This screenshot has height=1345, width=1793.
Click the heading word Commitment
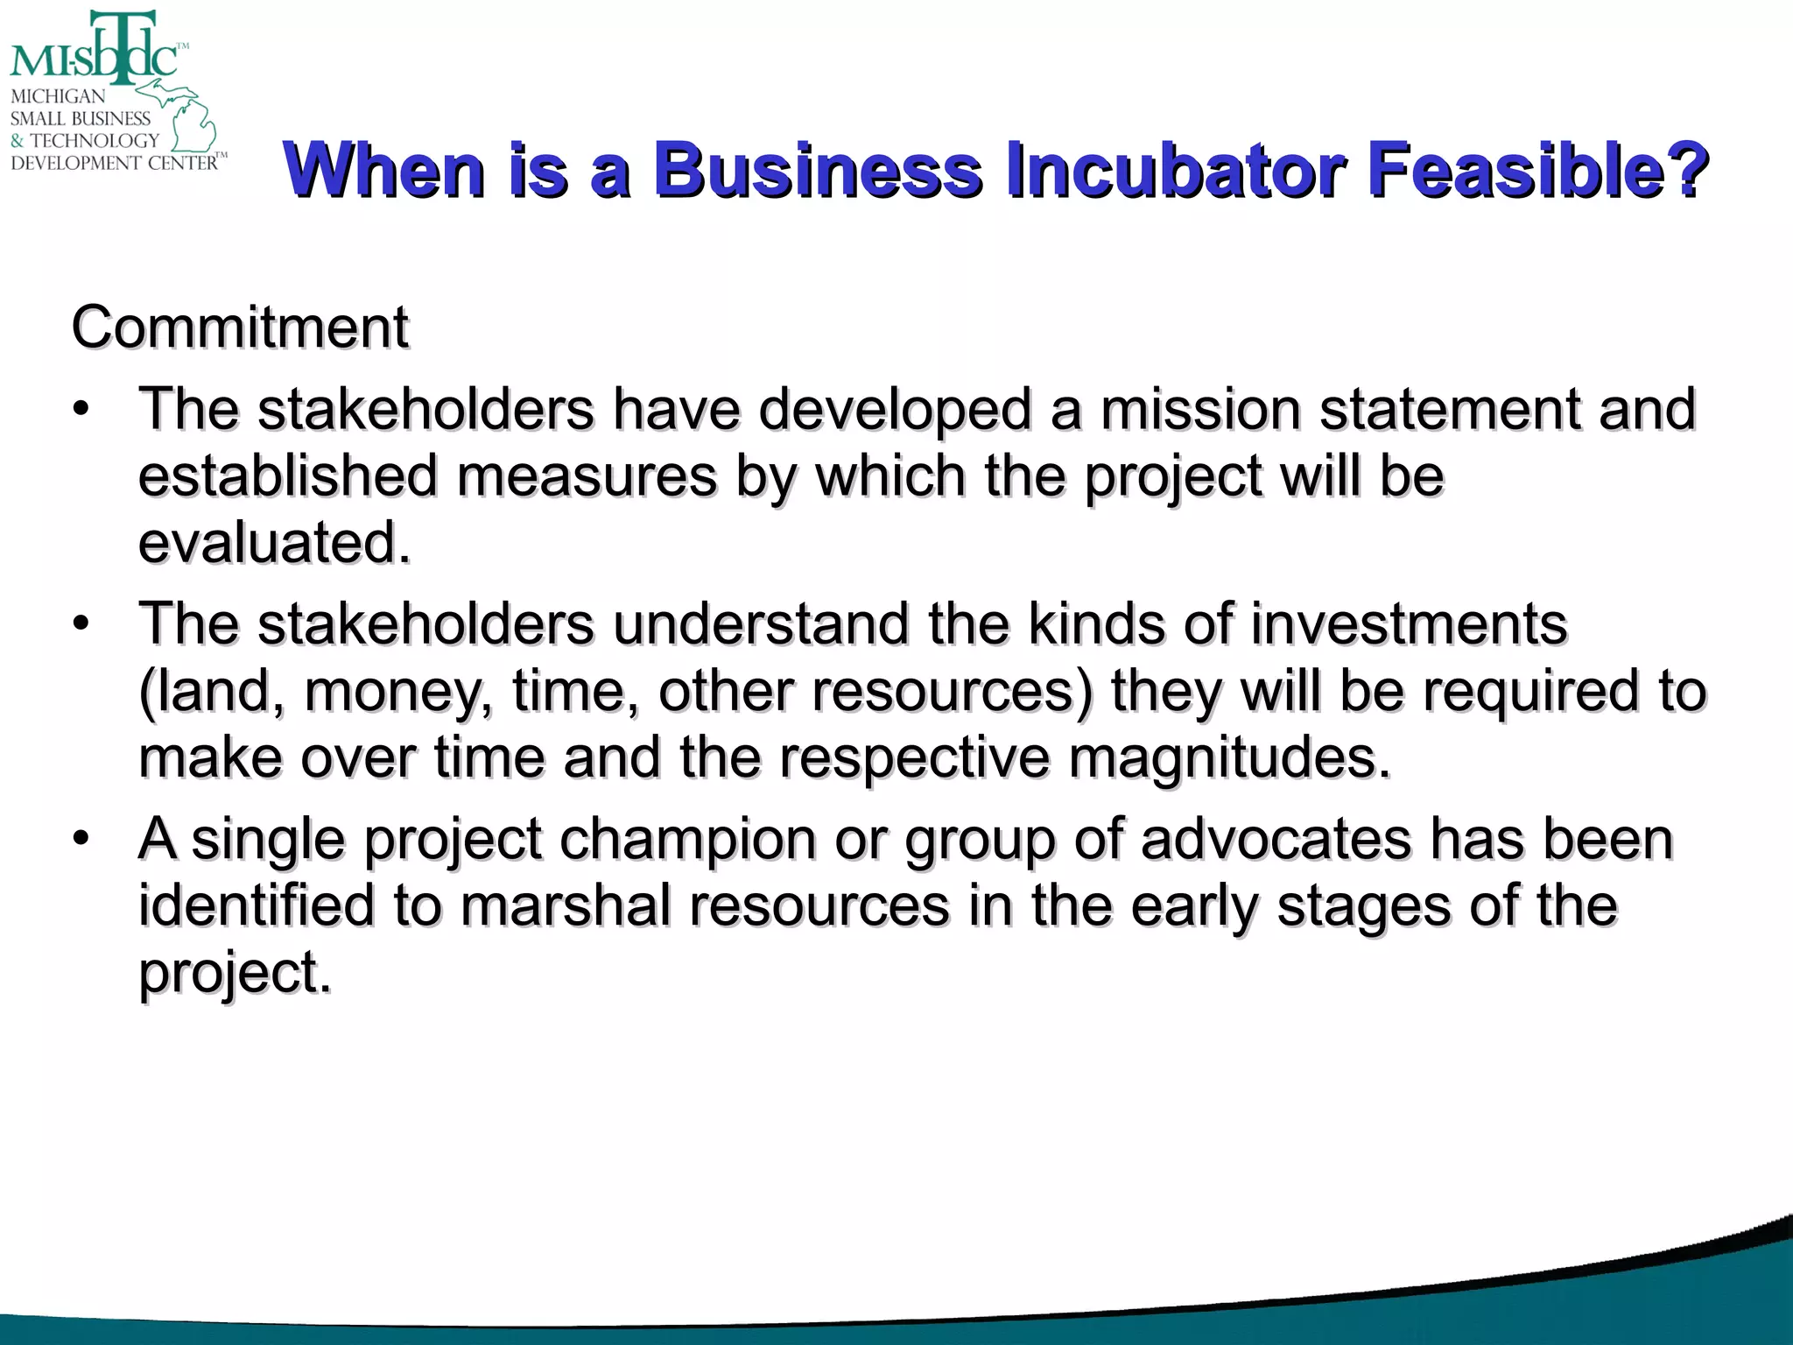240,327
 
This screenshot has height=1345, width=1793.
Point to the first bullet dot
81,410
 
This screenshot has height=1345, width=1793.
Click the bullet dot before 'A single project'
81,839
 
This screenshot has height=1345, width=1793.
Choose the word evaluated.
274,542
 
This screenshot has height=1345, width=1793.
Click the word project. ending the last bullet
235,972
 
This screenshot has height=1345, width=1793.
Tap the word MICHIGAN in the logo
58,96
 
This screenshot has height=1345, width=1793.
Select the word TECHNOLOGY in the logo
95,140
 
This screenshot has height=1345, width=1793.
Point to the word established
287,476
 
